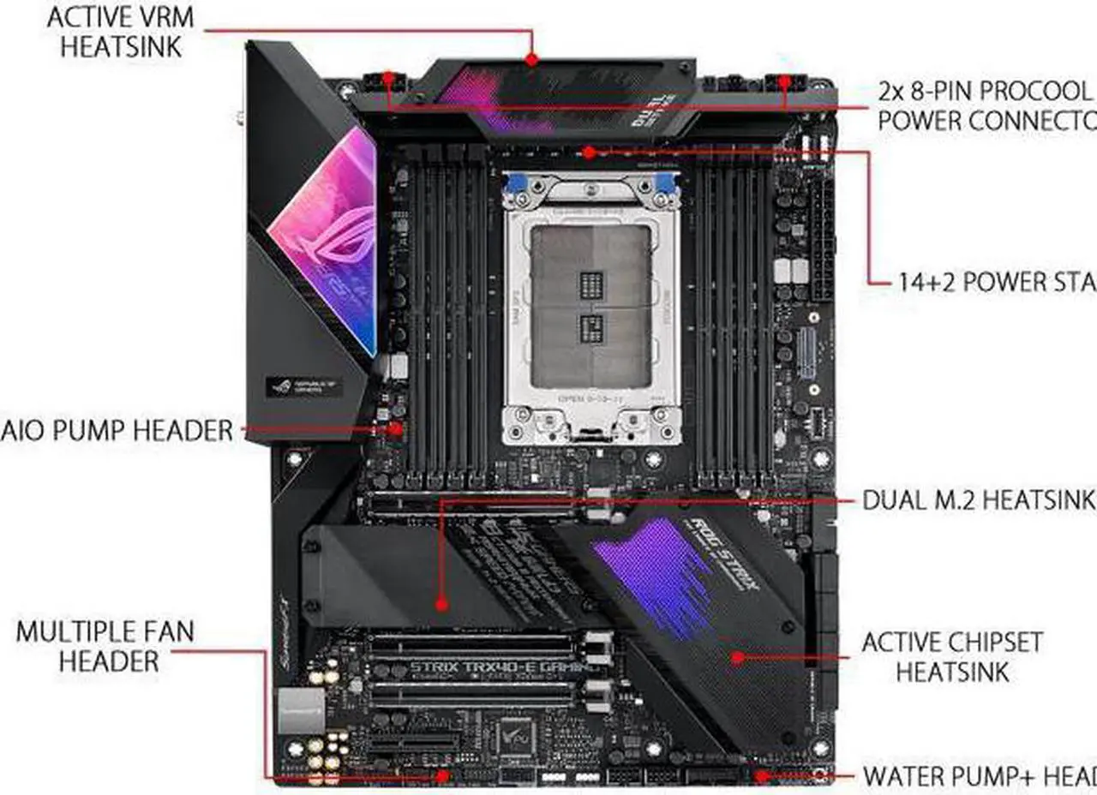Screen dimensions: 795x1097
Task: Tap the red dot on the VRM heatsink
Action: tap(531, 60)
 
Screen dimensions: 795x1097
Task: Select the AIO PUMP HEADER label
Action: tap(117, 429)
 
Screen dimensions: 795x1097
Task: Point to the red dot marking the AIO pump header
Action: tap(396, 427)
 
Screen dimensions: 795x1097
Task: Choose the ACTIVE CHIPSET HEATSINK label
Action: tap(952, 656)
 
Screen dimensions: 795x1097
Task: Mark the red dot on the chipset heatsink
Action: tap(736, 658)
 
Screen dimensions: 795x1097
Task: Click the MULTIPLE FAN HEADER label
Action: tap(105, 646)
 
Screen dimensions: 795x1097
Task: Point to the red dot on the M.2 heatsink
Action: tap(441, 604)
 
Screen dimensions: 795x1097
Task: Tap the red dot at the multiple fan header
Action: tap(442, 775)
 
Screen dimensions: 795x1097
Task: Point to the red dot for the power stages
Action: tap(589, 152)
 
